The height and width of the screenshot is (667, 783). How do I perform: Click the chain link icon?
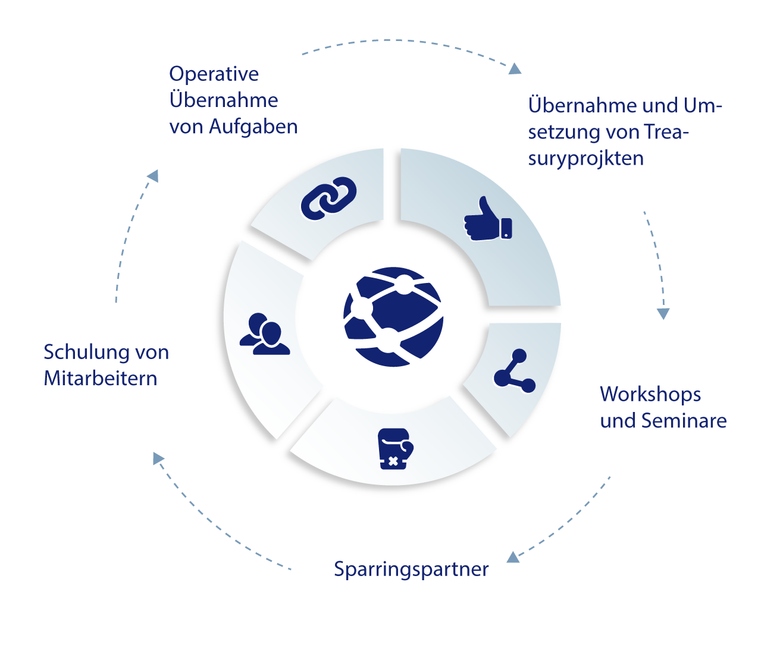[328, 197]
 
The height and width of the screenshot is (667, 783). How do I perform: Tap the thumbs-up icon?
[488, 219]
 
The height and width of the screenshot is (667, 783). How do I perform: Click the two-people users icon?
[265, 334]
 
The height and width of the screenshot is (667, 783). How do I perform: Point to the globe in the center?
[393, 316]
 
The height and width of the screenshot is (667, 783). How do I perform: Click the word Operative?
[214, 74]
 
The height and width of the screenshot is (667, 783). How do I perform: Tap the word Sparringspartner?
[411, 569]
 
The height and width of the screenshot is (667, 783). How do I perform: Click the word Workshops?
[650, 394]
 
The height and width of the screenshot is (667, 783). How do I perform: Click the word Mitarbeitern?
[101, 379]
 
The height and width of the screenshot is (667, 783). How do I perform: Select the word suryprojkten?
[585, 159]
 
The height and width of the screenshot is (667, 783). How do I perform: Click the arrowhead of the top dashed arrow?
[513, 69]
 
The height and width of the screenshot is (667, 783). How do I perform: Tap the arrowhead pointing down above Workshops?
[662, 313]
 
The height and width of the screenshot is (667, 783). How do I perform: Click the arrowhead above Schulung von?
[152, 176]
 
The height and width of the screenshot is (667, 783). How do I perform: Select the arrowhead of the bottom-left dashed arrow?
[157, 459]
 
